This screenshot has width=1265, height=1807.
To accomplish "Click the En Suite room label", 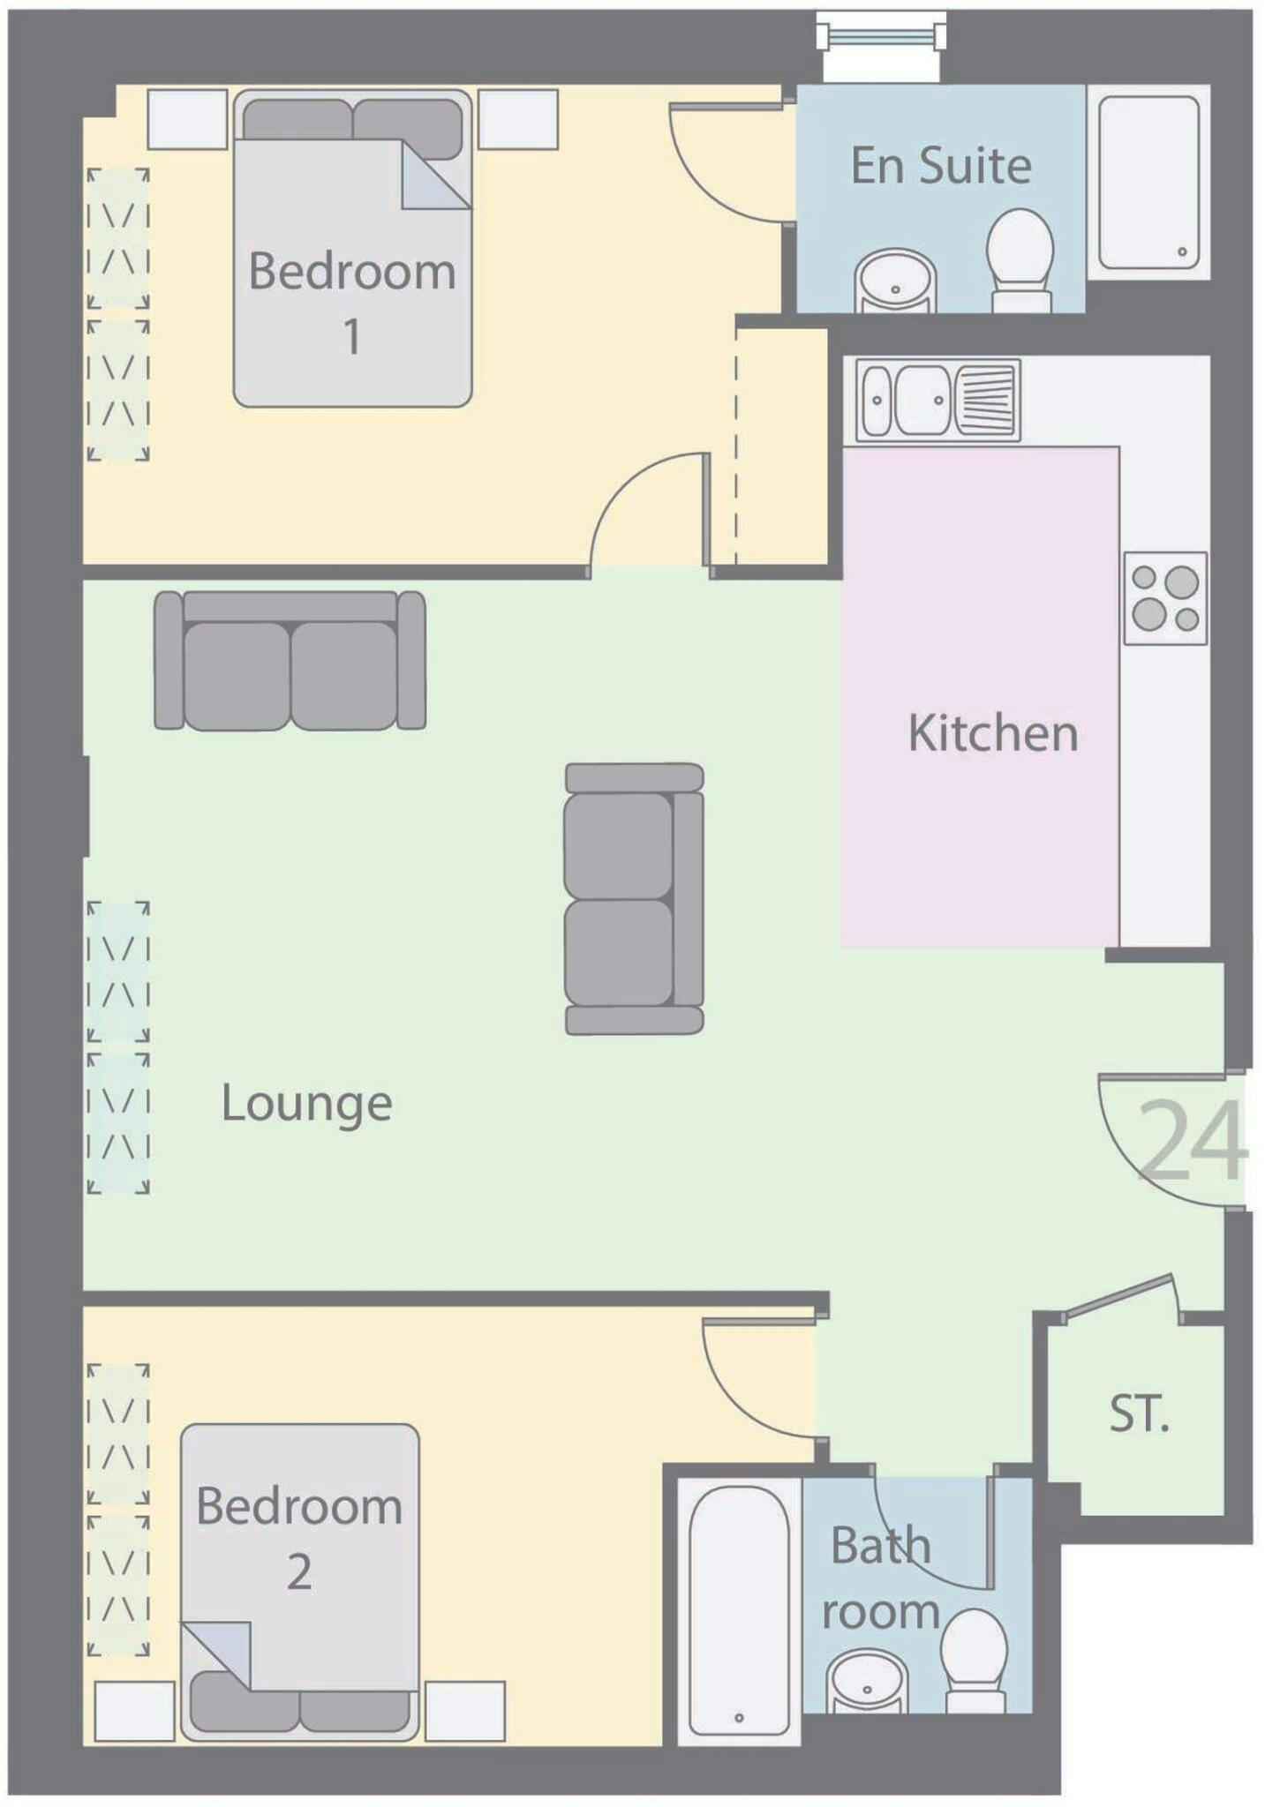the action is (941, 165).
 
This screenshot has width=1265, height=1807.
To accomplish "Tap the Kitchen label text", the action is (993, 733).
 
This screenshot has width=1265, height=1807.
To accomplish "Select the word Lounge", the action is (306, 1105).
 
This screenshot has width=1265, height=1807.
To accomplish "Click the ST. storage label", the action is (1140, 1413).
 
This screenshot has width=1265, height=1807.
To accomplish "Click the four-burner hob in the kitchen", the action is (1165, 598).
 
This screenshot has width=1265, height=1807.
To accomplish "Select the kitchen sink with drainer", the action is (937, 400).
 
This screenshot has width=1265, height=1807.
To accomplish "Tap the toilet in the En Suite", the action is (1020, 260).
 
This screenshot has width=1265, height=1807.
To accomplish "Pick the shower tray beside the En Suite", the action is (1148, 182).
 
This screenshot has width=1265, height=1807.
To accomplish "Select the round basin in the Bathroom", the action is (867, 1682).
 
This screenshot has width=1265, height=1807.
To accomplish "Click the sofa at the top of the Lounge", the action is (290, 661).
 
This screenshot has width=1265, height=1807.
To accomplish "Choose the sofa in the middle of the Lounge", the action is (634, 898).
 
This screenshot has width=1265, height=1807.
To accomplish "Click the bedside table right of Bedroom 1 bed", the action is (518, 119).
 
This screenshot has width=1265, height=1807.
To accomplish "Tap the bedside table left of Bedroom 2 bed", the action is (134, 1712).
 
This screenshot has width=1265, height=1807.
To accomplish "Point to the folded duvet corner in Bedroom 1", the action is (436, 175).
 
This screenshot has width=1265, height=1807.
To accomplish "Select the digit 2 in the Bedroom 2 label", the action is (299, 1572).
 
